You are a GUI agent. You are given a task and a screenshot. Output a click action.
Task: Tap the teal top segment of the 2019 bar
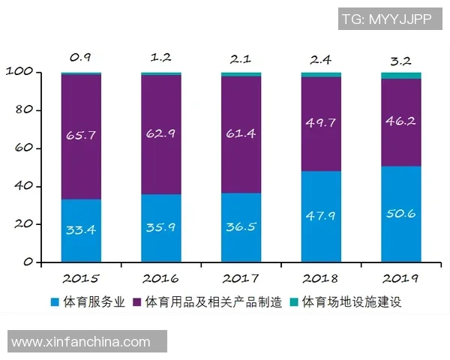click(x=400, y=76)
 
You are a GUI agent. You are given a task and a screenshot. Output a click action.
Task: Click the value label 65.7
click(x=81, y=136)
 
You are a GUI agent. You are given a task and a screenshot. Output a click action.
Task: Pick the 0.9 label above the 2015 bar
click(x=81, y=57)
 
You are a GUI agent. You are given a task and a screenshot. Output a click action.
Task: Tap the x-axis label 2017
click(x=241, y=278)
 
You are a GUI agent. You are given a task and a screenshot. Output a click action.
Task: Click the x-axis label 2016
click(x=161, y=278)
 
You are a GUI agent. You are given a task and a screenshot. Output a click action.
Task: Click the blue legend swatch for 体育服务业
click(x=55, y=303)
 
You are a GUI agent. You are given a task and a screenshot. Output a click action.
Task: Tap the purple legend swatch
click(x=137, y=303)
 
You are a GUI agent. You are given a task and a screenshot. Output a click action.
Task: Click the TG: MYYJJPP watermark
click(x=386, y=19)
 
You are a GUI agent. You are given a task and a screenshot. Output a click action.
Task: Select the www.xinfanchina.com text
click(x=81, y=342)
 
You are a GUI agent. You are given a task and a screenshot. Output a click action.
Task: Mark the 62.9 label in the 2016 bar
click(x=161, y=136)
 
